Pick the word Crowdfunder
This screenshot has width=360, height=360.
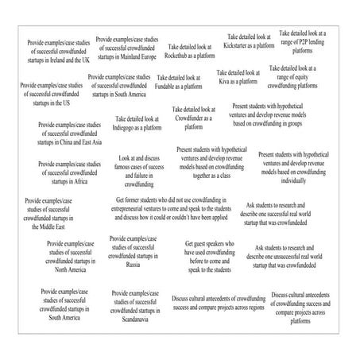(x=188, y=118)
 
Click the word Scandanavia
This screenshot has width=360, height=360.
(x=134, y=322)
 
